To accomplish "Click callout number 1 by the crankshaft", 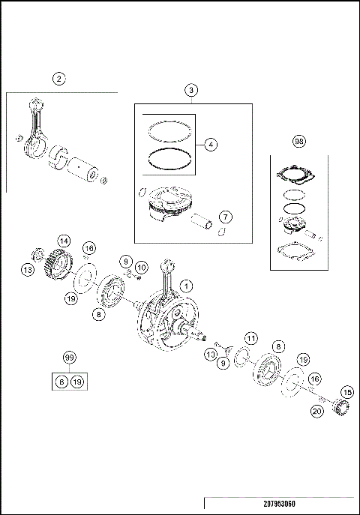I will pos(187,285).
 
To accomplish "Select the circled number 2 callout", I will pos(58,78).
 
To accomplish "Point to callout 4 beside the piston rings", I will pos(211,143).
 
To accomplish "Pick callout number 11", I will pos(250,337).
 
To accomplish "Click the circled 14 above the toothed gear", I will pos(64,241).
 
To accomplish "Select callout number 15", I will pos(346,392).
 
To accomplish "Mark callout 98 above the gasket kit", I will pos(299,141).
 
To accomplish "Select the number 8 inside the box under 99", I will pos(61,382).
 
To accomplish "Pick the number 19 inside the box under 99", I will pos(78,382).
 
